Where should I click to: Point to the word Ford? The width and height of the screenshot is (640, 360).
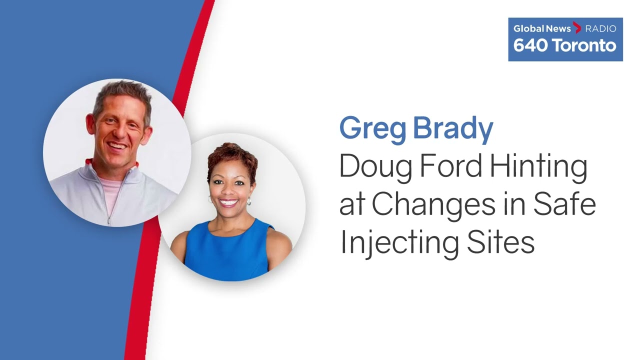tap(451, 165)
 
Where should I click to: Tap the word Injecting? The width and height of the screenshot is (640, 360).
tap(399, 243)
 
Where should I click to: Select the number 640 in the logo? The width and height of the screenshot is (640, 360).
tap(529, 45)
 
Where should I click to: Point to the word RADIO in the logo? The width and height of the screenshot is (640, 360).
tap(601, 28)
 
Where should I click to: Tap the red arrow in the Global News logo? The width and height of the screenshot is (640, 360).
tap(577, 27)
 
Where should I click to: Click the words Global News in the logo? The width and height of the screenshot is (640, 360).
tap(542, 28)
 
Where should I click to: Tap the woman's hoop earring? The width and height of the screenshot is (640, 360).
tap(249, 201)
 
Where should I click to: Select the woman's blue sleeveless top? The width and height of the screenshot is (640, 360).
tap(227, 251)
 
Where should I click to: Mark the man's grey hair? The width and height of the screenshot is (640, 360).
tap(123, 94)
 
